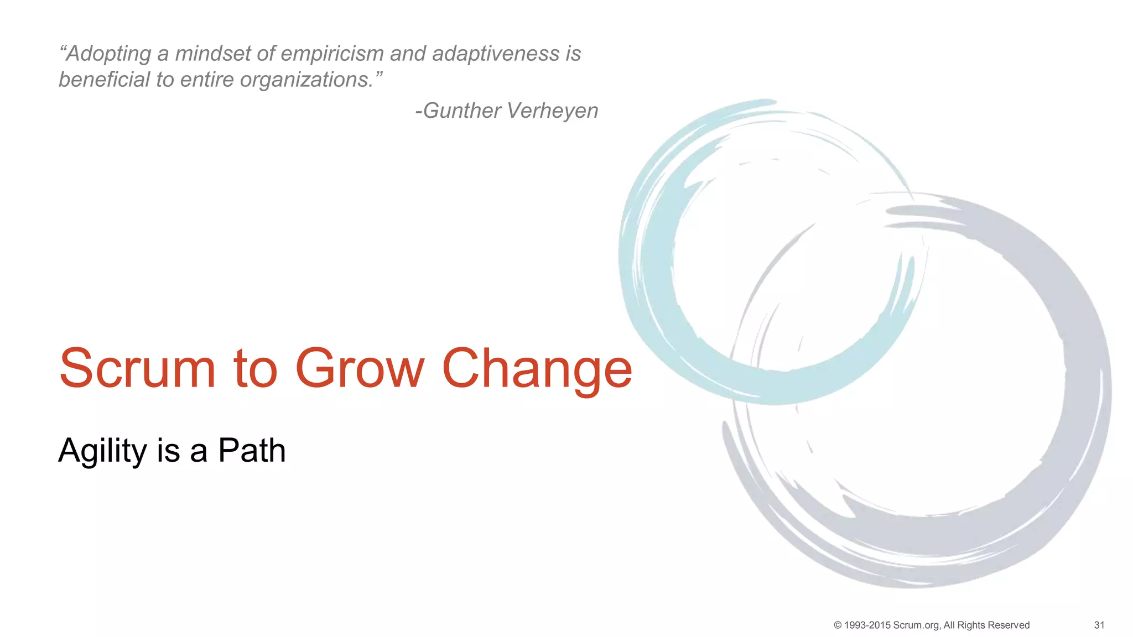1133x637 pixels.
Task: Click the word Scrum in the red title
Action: [x=137, y=368]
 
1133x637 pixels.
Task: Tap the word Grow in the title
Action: [x=360, y=368]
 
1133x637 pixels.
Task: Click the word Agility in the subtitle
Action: [x=102, y=451]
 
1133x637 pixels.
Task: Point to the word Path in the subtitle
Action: [x=252, y=450]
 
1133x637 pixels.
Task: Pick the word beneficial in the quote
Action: [x=105, y=80]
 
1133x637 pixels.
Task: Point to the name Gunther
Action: [x=462, y=111]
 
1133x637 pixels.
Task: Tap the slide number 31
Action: [x=1099, y=625]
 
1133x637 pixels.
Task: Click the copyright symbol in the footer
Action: [x=838, y=625]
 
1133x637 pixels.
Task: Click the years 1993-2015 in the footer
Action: [x=867, y=625]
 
